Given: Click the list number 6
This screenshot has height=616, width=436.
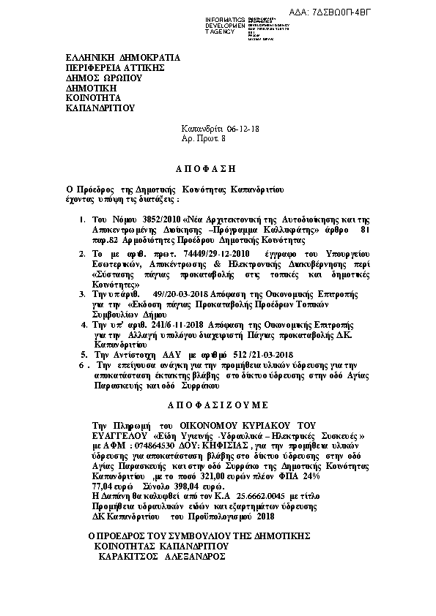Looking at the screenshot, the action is pyautogui.click(x=79, y=364).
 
